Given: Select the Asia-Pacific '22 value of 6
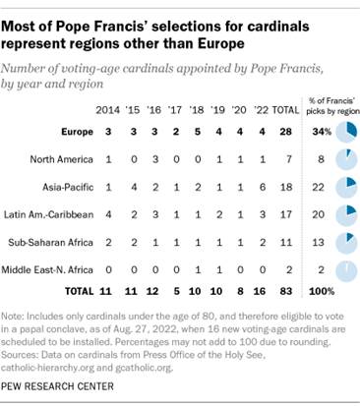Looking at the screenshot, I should click(x=259, y=185).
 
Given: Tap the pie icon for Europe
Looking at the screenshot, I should click(x=343, y=131).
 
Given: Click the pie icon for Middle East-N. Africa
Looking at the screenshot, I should click(x=343, y=265).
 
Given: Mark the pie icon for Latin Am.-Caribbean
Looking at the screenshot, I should click(x=343, y=211).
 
